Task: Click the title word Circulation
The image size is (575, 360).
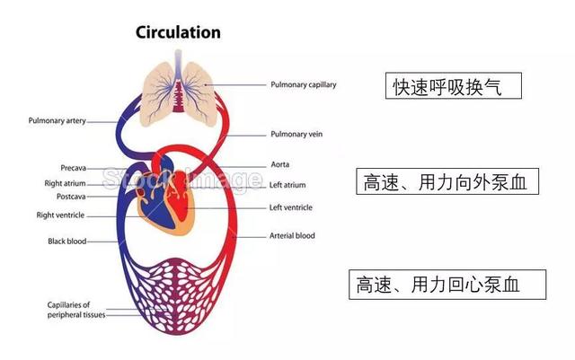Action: pos(178,32)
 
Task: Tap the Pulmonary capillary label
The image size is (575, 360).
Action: pos(304,84)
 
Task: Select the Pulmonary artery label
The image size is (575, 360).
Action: pos(57,120)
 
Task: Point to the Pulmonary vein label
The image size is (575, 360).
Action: pos(296,134)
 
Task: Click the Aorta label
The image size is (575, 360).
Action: pos(279,164)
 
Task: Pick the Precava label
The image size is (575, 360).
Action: pos(74,168)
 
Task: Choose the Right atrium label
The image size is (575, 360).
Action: pos(65,183)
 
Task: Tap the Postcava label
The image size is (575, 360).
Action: pos(71,197)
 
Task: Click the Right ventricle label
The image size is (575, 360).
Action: pos(60,215)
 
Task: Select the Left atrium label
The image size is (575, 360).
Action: pos(287,185)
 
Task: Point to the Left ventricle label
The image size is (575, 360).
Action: pos(291,207)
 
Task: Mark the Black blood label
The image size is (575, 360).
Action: pos(66,241)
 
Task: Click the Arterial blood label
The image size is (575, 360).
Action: pos(292,236)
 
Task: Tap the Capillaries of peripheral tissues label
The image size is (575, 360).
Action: pos(76,310)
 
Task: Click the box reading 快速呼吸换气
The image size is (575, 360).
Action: pos(453,86)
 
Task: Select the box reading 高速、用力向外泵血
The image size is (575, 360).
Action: pos(447,181)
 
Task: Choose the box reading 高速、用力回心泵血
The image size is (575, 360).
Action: pos(447,285)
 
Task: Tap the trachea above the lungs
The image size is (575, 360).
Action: pos(178,64)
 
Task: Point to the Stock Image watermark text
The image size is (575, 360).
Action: pos(181,179)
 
